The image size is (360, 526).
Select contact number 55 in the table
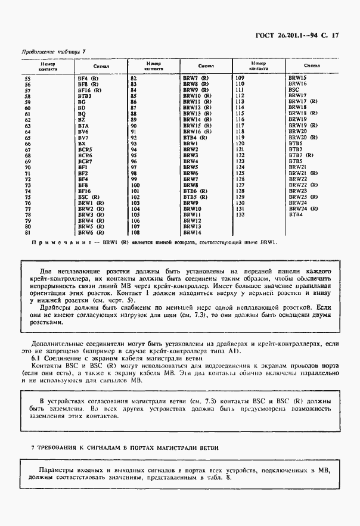coord(43,78)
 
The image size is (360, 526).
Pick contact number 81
coord(43,232)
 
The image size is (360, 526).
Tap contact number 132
coord(240,214)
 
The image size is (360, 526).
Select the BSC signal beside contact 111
coord(294,90)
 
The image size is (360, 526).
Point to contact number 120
coord(240,144)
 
